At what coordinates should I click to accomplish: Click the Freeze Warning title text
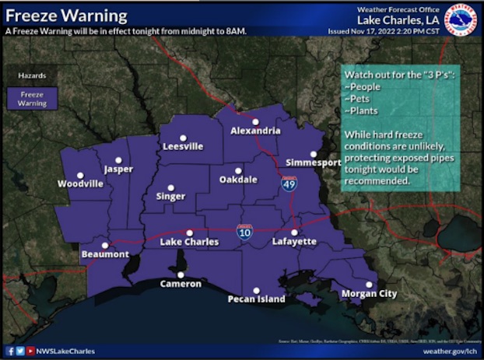click(x=66, y=16)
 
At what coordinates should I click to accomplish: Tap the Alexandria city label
click(x=255, y=131)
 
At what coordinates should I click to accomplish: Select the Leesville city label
click(x=183, y=146)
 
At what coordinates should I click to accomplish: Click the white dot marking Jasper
click(x=119, y=159)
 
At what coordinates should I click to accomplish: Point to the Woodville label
click(x=80, y=184)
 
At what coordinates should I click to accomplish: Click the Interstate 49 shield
click(x=289, y=183)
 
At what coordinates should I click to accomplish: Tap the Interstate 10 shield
click(x=244, y=231)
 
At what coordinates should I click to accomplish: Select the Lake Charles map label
click(x=190, y=243)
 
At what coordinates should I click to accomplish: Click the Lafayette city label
click(x=294, y=243)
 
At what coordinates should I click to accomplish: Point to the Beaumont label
click(x=105, y=255)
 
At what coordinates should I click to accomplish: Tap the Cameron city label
click(x=181, y=285)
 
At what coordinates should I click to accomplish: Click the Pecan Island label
click(x=256, y=299)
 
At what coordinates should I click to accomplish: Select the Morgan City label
click(x=369, y=294)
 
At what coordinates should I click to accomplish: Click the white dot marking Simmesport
click(x=314, y=154)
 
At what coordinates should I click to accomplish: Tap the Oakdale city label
click(x=238, y=180)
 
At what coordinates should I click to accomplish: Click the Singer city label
click(x=170, y=197)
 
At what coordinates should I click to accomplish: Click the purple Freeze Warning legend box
click(x=32, y=98)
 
